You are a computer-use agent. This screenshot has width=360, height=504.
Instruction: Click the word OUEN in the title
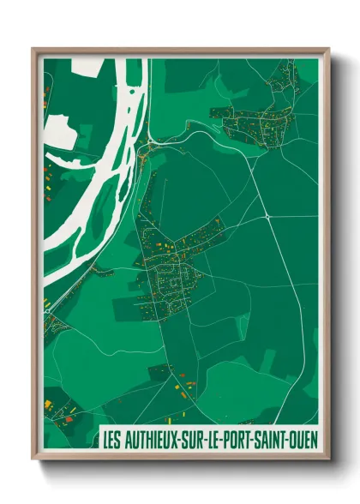(x=303, y=439)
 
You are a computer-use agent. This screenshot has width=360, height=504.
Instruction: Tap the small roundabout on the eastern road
(x=267, y=218)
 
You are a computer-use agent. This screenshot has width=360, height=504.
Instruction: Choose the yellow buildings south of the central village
(x=183, y=390)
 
